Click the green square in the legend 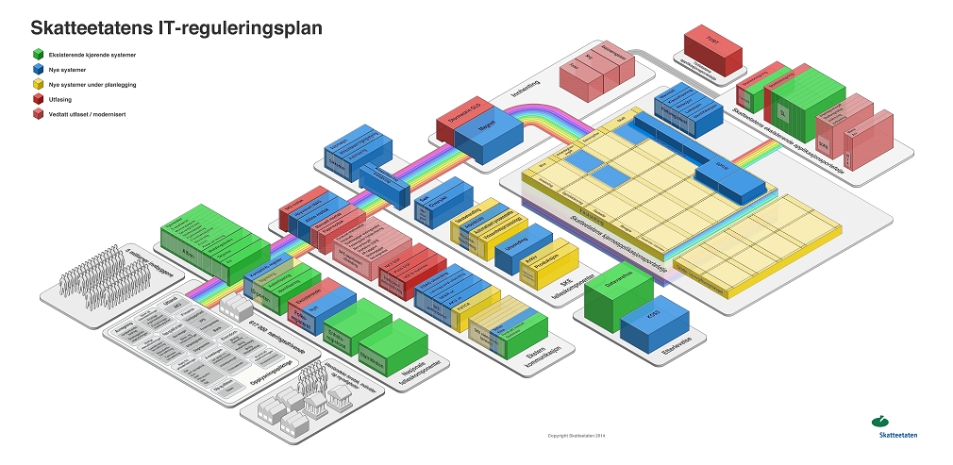(36, 55)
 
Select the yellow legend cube (36, 84)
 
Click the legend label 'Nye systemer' (68, 70)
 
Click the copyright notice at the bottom (576, 436)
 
